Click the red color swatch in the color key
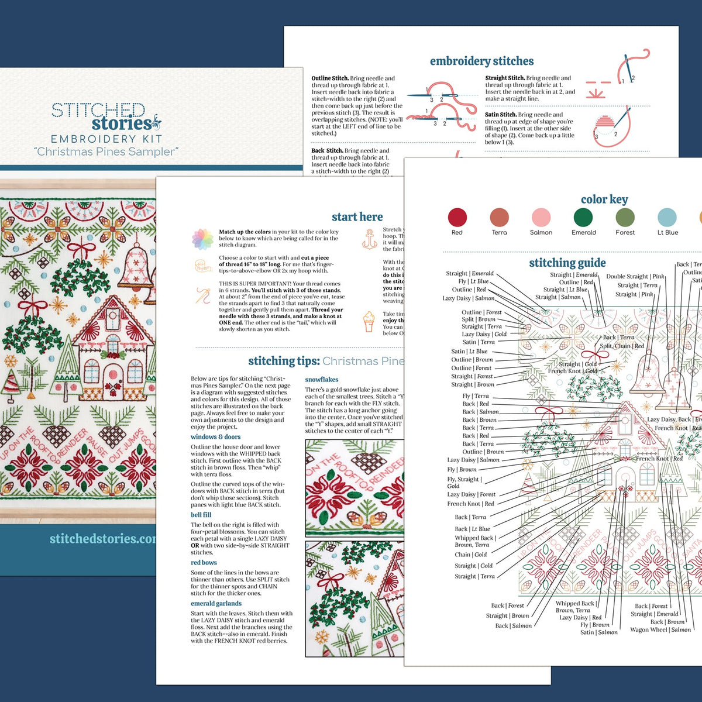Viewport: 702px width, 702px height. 457,217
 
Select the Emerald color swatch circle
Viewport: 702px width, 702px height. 583,217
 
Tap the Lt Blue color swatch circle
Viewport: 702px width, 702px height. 667,217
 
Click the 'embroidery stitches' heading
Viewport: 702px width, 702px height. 481,61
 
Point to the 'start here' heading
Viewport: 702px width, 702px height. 357,216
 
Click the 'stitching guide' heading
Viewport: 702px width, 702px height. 567,263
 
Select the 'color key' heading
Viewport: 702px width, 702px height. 604,199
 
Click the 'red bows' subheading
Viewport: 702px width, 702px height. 204,563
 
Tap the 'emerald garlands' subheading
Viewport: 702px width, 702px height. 216,603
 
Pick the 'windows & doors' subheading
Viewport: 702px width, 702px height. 215,436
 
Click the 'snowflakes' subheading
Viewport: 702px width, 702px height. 321,379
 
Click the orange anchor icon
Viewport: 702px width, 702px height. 370,239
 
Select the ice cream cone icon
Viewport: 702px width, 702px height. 369,321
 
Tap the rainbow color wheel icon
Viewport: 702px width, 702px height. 202,239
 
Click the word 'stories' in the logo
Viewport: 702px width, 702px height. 122,124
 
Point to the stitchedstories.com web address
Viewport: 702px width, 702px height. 103,538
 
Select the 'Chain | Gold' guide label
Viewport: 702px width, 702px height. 470,555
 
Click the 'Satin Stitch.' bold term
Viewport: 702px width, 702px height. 500,115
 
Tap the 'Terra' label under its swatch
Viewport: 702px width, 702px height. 499,232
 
